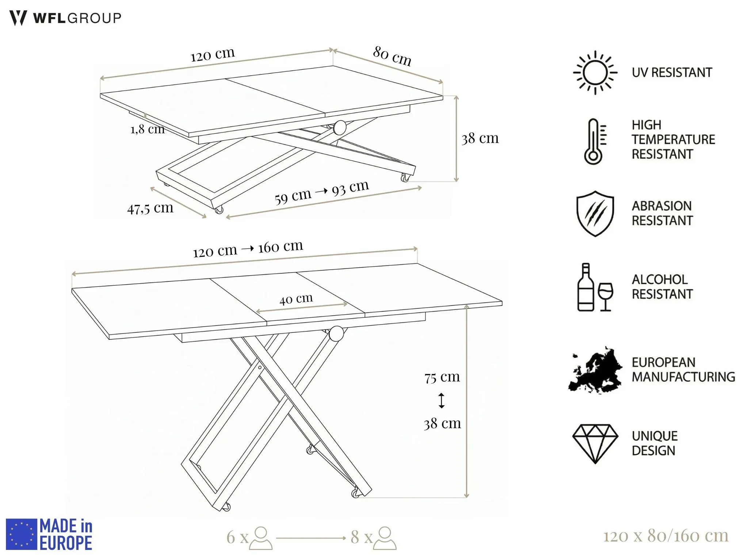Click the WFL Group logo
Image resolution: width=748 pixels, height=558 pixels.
[65, 18]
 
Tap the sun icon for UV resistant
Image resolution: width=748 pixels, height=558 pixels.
[595, 73]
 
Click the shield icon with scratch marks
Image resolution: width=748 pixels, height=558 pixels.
[595, 213]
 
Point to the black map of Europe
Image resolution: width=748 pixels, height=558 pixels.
[595, 370]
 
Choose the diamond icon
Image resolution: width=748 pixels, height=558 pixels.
[595, 443]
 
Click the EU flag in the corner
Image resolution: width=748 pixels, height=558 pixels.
[22, 534]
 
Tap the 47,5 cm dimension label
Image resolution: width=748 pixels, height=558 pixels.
[150, 208]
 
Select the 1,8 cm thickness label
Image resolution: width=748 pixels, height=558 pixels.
[148, 129]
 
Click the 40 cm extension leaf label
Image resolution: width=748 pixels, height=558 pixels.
[296, 299]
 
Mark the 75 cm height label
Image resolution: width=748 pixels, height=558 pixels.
[442, 377]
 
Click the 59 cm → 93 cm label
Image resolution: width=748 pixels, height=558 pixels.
[322, 192]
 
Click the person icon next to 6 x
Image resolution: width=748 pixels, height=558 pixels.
[261, 538]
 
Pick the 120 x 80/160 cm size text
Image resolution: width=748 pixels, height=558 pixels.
[665, 536]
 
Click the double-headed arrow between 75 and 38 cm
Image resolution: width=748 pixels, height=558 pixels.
[442, 400]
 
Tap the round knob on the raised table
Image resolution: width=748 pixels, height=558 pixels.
[336, 334]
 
